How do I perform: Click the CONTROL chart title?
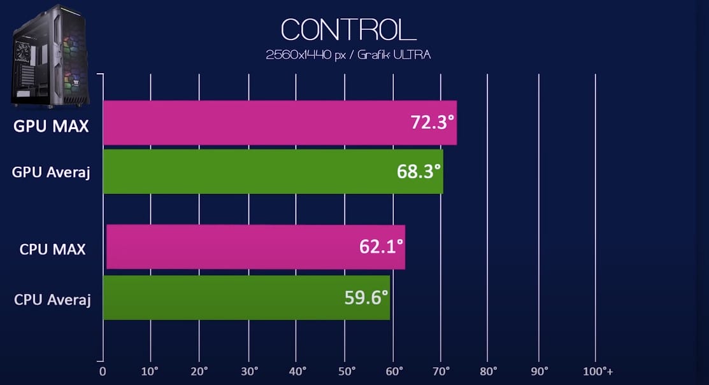point(348,30)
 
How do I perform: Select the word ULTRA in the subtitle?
point(412,55)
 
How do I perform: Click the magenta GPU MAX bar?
point(255,122)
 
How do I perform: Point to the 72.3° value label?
point(431,122)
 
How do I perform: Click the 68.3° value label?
point(418,171)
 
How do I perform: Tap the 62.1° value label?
point(381,246)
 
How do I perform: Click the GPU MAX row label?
point(51,125)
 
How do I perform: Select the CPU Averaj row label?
point(52,299)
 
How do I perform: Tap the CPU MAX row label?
point(52,249)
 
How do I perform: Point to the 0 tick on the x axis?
point(102,371)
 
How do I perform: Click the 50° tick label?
point(346,371)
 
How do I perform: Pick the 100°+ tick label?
point(599,371)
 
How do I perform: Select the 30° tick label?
point(248,371)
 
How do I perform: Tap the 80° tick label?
point(489,371)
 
